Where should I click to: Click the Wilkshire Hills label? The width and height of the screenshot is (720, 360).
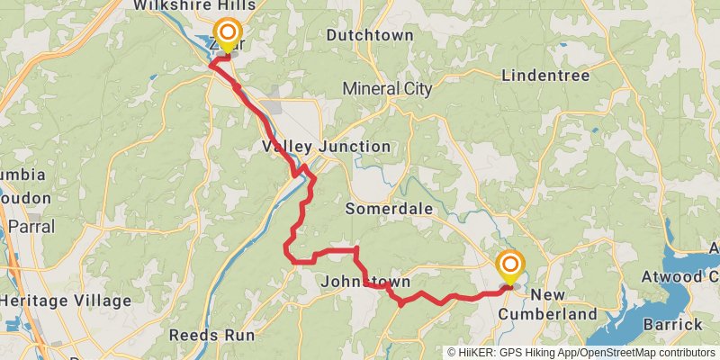point(193,6)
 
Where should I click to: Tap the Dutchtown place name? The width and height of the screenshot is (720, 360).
point(369,36)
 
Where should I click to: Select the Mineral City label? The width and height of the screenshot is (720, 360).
point(387,89)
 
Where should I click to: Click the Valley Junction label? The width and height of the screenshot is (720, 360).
point(326,147)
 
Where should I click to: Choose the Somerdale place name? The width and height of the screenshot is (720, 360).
point(390,209)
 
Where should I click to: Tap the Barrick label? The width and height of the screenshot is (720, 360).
point(672,324)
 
